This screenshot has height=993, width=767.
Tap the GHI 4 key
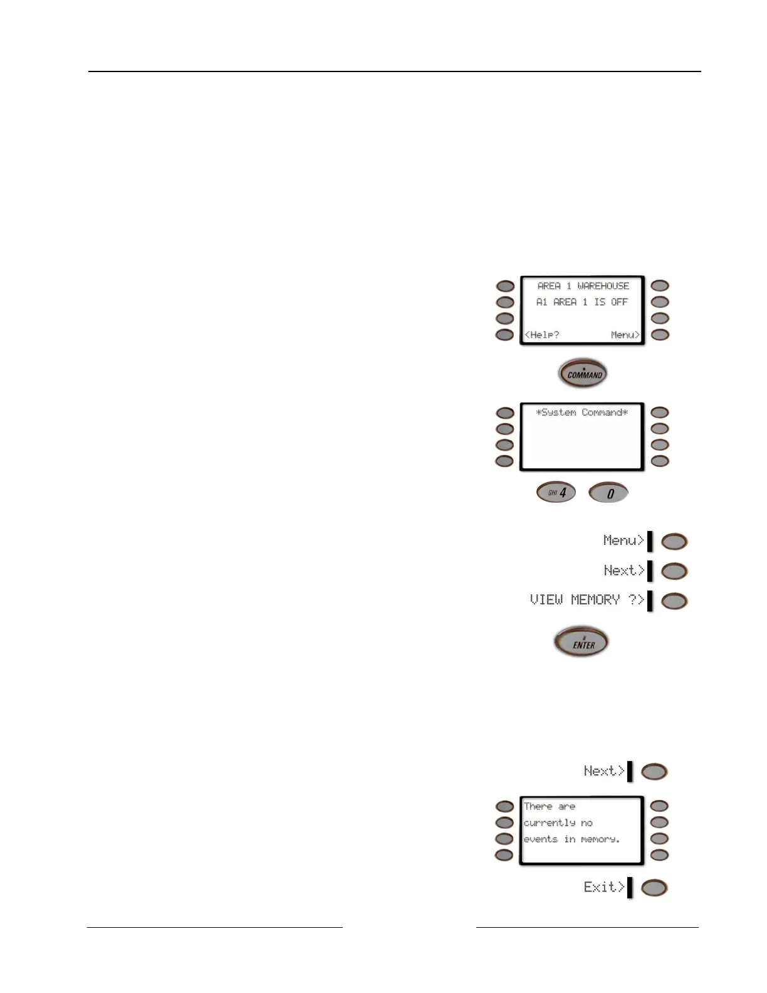point(556,492)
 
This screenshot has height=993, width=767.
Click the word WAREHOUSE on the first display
point(603,286)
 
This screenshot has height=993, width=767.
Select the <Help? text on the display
point(542,335)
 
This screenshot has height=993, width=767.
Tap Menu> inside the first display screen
point(625,335)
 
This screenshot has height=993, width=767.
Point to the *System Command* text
point(582,412)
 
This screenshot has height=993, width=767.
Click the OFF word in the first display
point(619,302)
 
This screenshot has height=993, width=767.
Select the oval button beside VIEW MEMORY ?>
point(674,601)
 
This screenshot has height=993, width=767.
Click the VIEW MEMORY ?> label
point(587,600)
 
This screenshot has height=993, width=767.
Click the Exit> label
point(604,887)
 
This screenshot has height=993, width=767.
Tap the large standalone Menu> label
point(624,540)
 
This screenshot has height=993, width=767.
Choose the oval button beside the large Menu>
point(674,542)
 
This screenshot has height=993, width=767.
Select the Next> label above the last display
point(604,771)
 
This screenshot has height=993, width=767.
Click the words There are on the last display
point(550,807)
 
